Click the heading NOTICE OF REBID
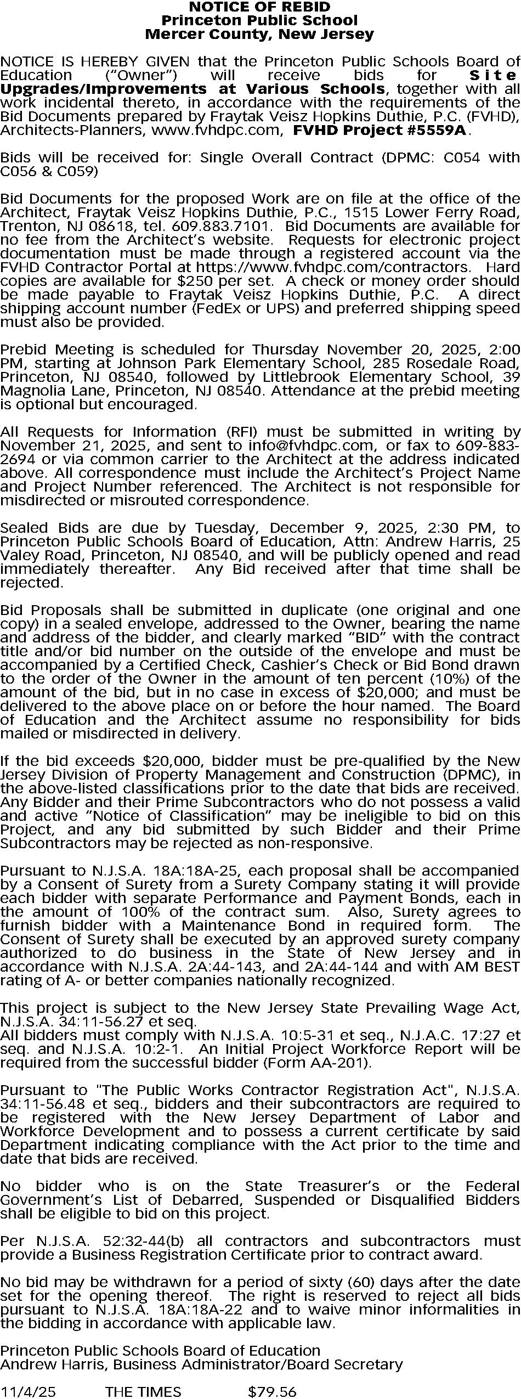(259, 7)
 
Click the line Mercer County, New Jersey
(259, 35)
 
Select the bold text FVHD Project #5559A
(380, 131)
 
